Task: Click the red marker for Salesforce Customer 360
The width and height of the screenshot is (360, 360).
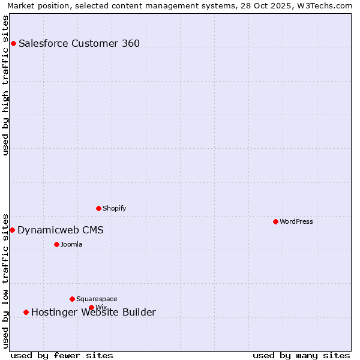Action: [13, 43]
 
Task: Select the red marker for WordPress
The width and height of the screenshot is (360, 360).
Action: [275, 221]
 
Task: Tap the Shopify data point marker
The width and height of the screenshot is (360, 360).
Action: [98, 208]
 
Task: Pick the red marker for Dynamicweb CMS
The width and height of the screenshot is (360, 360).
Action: [12, 230]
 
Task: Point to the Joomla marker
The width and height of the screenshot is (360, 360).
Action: [56, 244]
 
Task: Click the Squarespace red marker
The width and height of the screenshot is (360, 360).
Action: [72, 299]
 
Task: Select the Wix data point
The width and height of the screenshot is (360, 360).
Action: [91, 307]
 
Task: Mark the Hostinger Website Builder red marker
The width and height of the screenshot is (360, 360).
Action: [26, 312]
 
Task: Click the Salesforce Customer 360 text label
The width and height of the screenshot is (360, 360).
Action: [79, 43]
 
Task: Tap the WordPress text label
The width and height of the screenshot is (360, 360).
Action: [296, 221]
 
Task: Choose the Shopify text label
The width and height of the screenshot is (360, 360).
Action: [114, 208]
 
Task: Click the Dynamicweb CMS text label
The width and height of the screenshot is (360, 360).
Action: [61, 230]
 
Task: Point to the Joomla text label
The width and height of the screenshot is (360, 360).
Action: [71, 244]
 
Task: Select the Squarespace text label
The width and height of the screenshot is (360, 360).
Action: [97, 299]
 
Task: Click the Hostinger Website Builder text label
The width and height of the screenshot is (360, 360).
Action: [94, 313]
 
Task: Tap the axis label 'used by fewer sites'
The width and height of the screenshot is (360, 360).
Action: [62, 355]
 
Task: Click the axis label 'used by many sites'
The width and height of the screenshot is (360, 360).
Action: [301, 355]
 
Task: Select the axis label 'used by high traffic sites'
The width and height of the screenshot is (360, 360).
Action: [5, 85]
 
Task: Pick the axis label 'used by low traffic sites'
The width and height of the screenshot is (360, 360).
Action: [5, 280]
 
